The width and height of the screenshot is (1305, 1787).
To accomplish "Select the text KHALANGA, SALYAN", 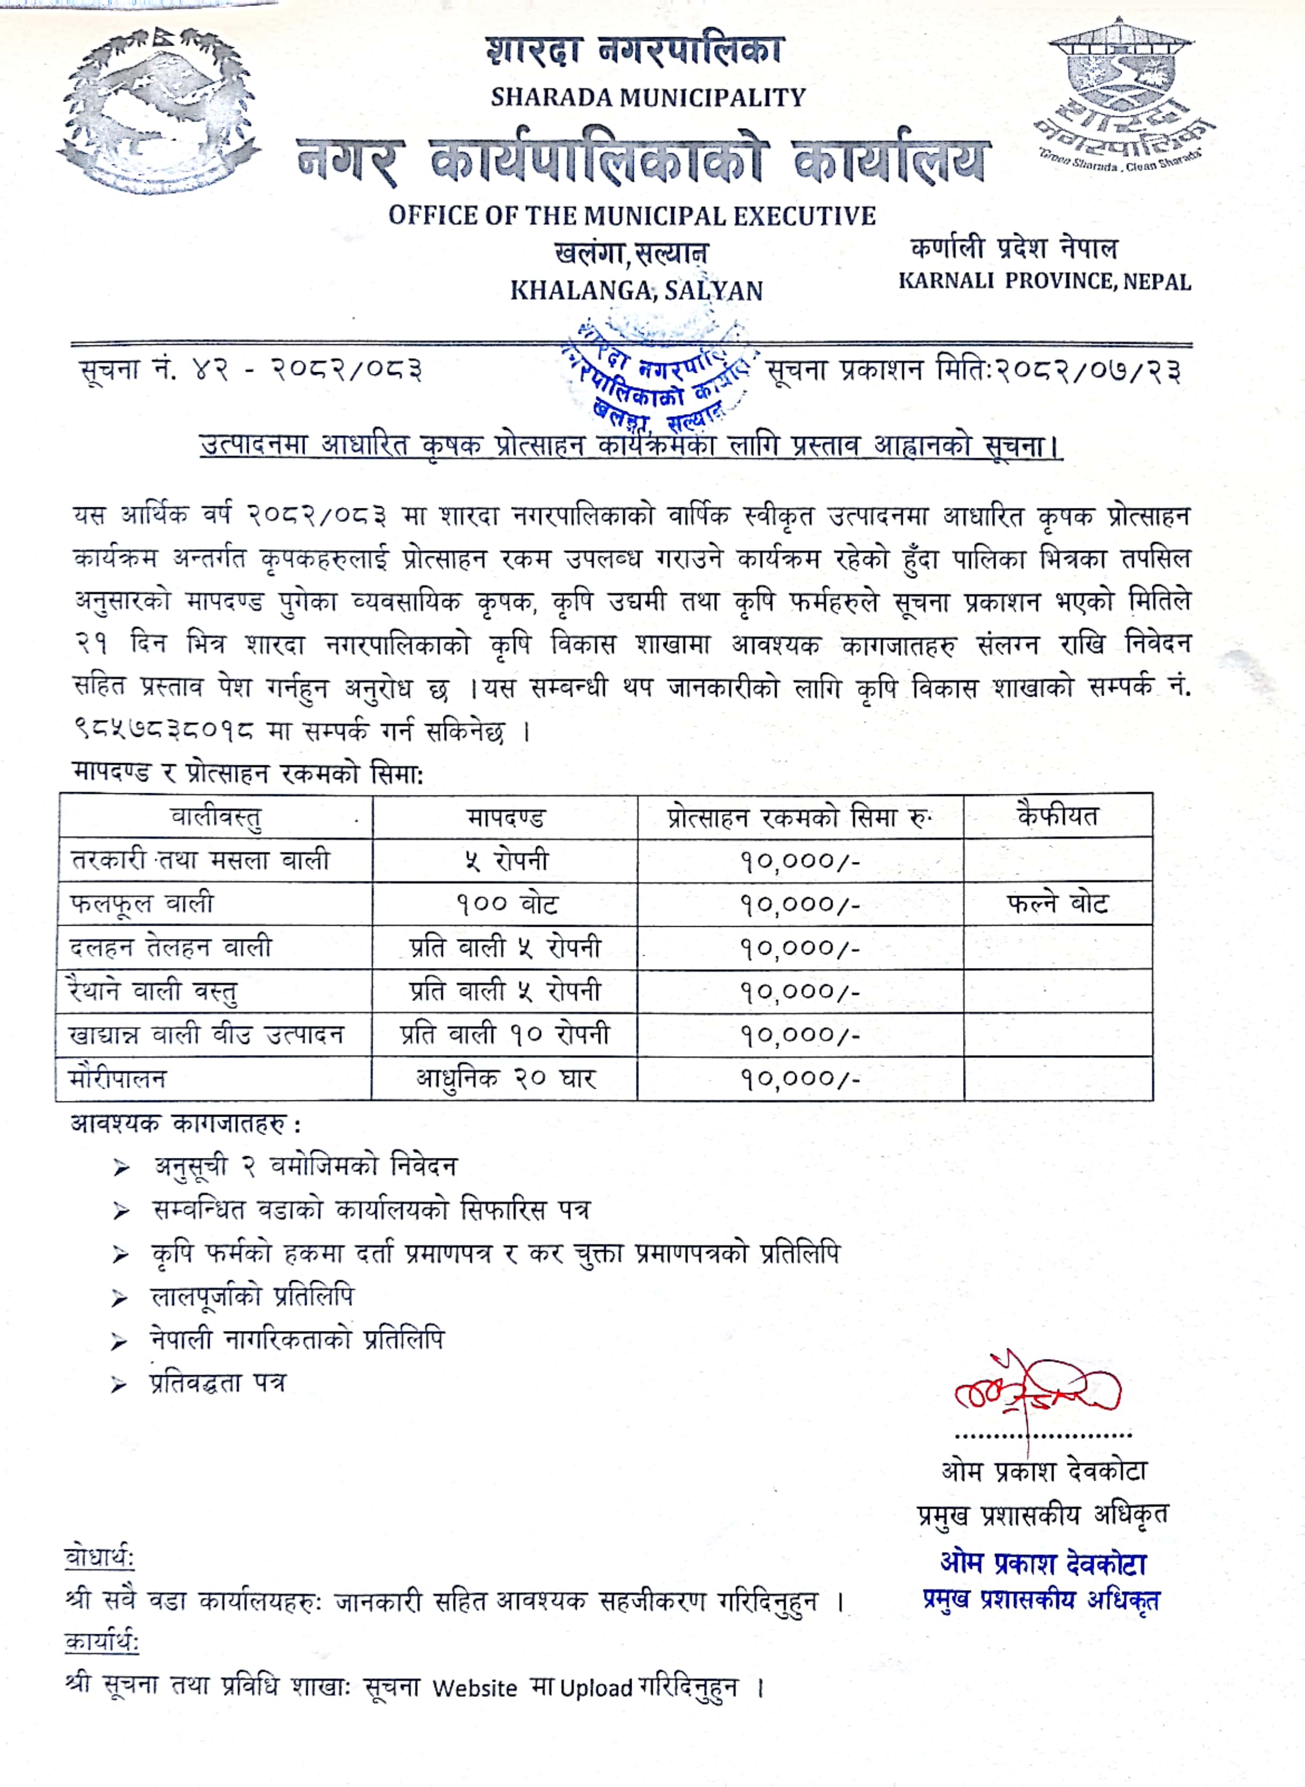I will coord(636,291).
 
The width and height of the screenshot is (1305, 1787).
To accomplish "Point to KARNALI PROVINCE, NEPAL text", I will coord(1044,281).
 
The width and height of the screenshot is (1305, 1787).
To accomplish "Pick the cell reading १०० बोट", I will coord(506,904).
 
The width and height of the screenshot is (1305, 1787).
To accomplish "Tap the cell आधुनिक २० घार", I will coord(506,1077).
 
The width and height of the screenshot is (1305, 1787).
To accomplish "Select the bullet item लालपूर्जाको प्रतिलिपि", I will coord(252,1296).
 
